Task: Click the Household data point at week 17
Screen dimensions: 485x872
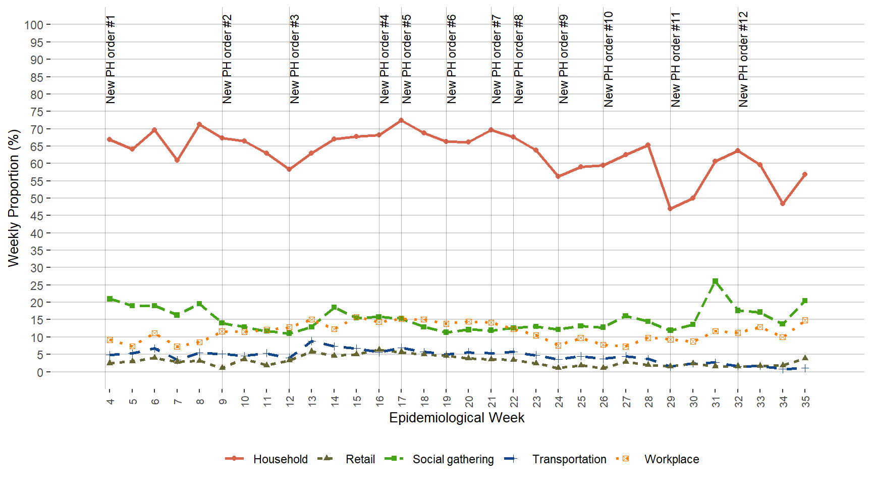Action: point(401,120)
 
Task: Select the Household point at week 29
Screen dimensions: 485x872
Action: point(670,209)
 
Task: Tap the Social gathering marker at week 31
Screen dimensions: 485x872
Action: point(715,281)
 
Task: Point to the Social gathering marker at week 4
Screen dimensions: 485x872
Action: point(110,299)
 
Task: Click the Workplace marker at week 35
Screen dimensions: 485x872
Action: point(805,320)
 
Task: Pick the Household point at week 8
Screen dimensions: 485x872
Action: point(199,124)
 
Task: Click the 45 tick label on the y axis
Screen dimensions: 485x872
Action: point(37,216)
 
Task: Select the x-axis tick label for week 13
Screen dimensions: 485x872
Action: point(312,401)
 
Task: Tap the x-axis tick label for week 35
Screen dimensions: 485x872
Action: point(806,401)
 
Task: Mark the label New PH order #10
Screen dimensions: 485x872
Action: point(609,60)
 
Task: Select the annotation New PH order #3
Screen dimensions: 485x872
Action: point(295,60)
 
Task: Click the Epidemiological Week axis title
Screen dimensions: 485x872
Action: point(457,418)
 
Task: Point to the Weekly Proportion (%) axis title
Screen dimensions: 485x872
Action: point(14,198)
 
